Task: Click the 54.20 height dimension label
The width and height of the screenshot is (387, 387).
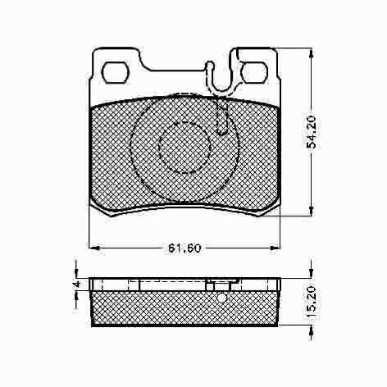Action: (312, 132)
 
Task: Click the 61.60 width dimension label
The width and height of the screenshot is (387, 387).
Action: (184, 248)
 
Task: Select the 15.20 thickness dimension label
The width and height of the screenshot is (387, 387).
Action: (312, 302)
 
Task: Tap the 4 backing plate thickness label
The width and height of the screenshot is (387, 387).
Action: (77, 285)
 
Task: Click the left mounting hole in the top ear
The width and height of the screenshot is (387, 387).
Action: (115, 72)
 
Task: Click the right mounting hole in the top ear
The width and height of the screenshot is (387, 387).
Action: (254, 72)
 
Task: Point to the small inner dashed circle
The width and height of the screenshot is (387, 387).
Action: (184, 148)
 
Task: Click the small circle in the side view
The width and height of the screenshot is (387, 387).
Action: (222, 298)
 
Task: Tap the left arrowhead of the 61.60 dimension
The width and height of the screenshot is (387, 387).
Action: (94, 248)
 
